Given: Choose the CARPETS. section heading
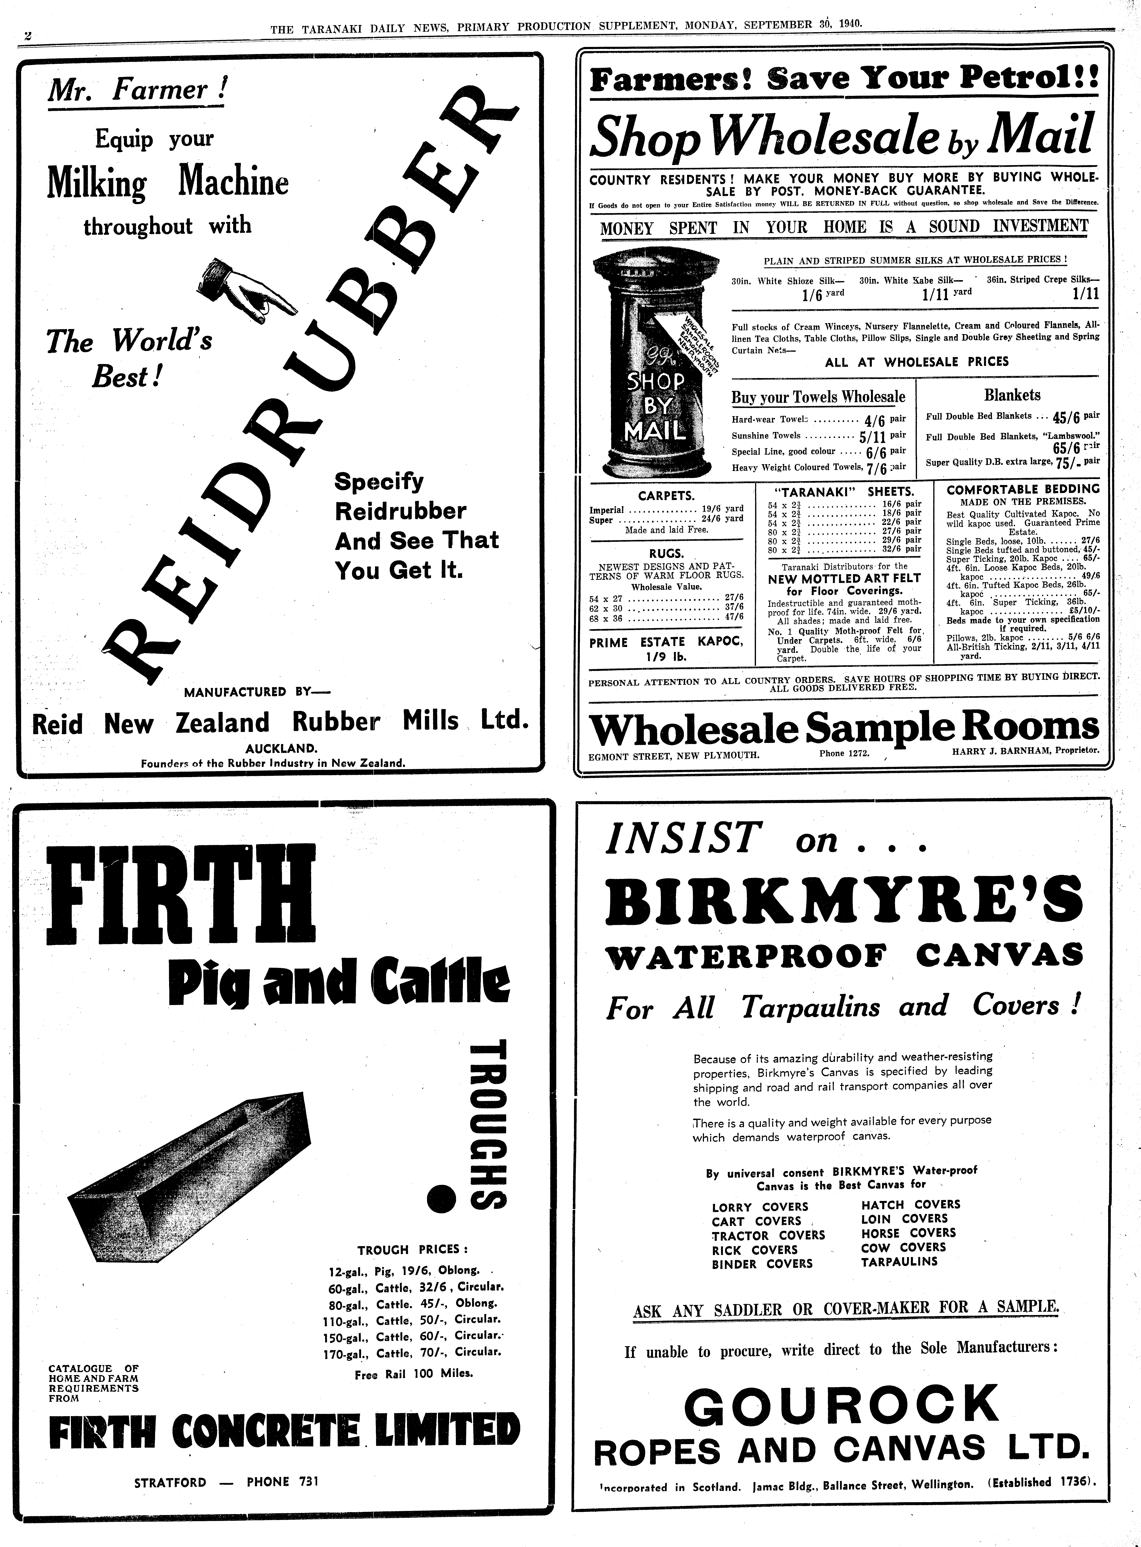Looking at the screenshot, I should point(666,495).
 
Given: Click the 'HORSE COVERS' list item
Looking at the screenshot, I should point(908,1233).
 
